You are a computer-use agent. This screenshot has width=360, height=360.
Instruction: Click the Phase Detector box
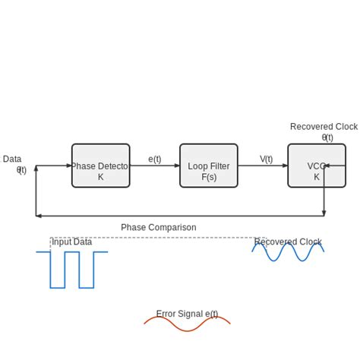(100, 166)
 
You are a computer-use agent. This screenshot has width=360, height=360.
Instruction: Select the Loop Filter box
(209, 166)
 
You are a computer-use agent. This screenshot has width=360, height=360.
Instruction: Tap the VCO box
(316, 166)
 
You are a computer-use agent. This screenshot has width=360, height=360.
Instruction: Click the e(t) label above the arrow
(154, 159)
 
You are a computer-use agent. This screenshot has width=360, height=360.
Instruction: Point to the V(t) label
(266, 159)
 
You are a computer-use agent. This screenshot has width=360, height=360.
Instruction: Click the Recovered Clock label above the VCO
(324, 127)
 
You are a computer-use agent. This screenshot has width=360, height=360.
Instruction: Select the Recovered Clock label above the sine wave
(288, 242)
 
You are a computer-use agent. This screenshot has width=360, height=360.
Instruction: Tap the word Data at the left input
(12, 159)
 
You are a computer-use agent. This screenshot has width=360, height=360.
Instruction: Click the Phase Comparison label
(158, 227)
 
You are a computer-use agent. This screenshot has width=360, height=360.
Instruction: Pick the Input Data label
(72, 242)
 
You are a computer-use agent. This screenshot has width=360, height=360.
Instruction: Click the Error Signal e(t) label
(187, 314)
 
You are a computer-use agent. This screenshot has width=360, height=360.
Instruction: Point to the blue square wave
(65, 270)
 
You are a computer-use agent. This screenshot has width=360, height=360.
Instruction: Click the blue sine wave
(288, 253)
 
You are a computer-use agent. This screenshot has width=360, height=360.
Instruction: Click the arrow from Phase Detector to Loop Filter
(155, 166)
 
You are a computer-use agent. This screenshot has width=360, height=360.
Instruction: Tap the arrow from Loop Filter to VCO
(263, 166)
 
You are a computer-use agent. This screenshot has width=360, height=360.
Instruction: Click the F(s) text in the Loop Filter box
(209, 177)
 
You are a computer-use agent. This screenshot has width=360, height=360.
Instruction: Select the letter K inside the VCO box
(317, 177)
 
